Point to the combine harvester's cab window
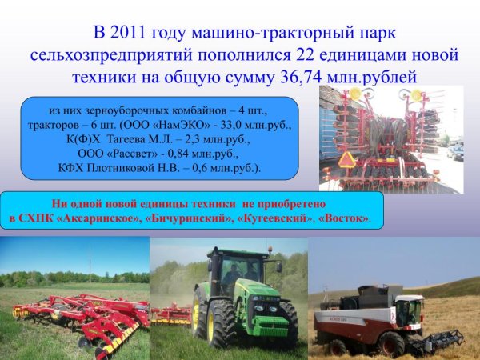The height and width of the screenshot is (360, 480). tap(410, 307)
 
